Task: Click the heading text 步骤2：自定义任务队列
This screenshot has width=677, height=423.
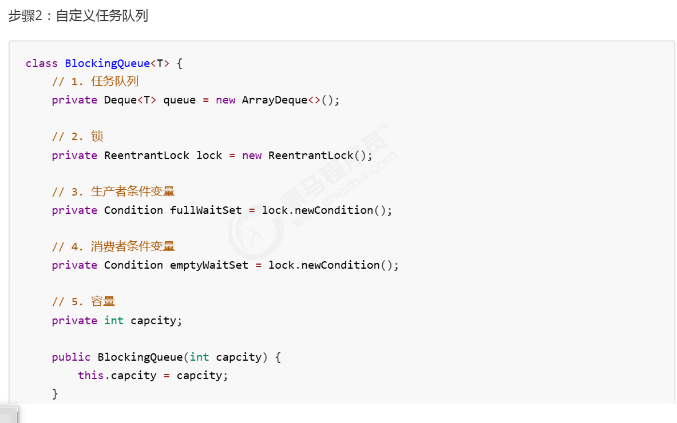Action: click(x=78, y=16)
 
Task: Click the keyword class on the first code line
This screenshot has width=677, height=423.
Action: click(x=42, y=63)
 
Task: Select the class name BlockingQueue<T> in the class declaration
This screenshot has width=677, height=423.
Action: click(x=117, y=63)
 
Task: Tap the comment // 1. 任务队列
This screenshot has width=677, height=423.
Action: click(x=95, y=82)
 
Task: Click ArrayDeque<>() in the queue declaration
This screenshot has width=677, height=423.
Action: click(x=291, y=100)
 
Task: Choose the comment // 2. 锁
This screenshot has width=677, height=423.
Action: click(x=77, y=137)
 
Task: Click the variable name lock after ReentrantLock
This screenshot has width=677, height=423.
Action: click(x=209, y=155)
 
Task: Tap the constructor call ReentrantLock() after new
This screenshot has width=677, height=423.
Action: click(x=320, y=155)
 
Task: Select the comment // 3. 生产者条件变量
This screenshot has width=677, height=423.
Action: click(x=113, y=191)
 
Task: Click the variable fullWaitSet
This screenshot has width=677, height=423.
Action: click(x=206, y=210)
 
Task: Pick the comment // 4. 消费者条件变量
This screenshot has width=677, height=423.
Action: click(x=113, y=246)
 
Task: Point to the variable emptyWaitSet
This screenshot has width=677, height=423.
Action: click(x=209, y=265)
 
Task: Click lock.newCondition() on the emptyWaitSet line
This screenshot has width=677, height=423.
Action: click(x=333, y=265)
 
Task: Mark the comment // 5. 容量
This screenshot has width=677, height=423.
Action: click(x=84, y=302)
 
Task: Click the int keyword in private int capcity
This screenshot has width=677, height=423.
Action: click(x=114, y=321)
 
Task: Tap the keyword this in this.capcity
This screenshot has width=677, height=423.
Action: click(x=91, y=376)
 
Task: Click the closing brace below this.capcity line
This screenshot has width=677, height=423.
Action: click(x=55, y=394)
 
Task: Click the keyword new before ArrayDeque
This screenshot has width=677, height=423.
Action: click(x=225, y=100)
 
